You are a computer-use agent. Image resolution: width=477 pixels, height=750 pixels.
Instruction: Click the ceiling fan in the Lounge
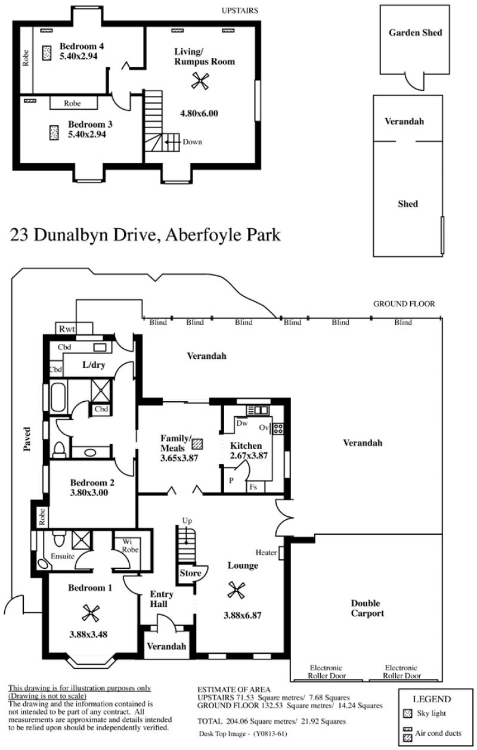236,590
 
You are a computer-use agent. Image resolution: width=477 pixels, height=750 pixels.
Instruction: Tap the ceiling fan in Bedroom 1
91,613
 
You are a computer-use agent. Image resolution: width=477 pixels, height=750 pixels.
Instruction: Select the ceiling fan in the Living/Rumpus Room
200,80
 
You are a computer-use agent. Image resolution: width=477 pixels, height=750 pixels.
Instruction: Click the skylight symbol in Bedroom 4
47,53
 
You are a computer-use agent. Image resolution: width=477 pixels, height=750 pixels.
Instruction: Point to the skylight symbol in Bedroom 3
54,132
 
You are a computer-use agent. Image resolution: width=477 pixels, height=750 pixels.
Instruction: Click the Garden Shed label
416,32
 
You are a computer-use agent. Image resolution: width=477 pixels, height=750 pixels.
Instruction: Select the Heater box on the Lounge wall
281,553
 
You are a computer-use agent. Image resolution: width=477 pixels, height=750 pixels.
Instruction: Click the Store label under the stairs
190,573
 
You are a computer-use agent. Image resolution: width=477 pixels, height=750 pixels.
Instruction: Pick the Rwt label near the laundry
67,328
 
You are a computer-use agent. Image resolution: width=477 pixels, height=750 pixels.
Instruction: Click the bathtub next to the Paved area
58,397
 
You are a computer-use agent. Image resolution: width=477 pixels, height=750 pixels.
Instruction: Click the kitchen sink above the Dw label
258,410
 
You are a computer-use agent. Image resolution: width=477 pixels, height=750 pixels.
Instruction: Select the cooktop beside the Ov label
278,429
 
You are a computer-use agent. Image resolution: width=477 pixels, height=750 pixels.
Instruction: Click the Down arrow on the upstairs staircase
172,142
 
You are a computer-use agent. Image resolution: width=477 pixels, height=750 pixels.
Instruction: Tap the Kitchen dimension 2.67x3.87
249,455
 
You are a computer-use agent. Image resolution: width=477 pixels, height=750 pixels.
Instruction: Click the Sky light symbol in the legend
408,714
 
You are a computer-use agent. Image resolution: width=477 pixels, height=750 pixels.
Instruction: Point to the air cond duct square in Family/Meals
197,444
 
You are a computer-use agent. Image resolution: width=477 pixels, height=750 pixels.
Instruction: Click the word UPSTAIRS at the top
240,11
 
